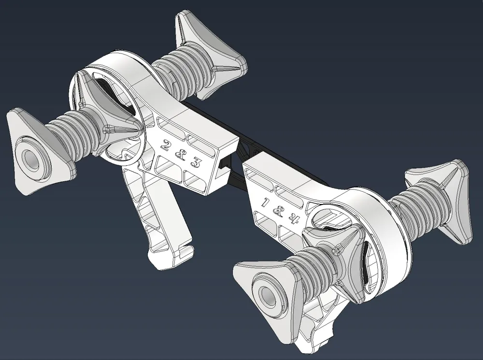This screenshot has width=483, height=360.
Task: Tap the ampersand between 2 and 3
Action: click(179, 154)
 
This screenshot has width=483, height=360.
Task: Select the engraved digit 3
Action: click(195, 163)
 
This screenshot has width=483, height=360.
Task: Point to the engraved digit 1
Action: click(265, 202)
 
